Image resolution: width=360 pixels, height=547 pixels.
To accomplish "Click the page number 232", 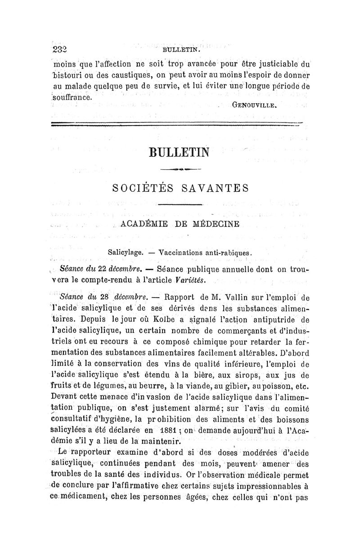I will tap(59, 50).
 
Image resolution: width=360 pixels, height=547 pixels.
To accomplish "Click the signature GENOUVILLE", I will tap(255, 107).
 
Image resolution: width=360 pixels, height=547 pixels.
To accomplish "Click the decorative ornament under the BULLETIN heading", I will tap(180, 169).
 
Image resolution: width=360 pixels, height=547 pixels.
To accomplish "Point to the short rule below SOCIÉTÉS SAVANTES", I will tap(180, 205).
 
